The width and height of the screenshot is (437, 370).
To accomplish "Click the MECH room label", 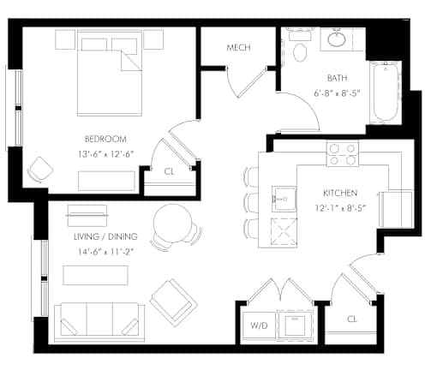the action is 239,47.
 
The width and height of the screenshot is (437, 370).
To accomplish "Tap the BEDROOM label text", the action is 105,139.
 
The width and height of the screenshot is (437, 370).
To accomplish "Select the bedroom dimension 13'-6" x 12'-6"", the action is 106,154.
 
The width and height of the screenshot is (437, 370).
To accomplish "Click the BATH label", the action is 338,78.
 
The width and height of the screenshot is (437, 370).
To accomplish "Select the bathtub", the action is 386,92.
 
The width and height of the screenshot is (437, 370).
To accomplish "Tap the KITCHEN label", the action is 340,193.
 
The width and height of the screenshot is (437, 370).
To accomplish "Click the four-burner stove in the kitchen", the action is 343,154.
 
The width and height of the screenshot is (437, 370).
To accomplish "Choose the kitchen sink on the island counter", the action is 284,199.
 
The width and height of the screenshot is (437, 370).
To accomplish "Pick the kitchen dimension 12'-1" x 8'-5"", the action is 340,208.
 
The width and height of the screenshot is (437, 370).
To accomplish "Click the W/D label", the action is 259,325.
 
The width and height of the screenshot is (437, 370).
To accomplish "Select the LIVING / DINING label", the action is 105,236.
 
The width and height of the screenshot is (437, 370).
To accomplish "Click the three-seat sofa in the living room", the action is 99,322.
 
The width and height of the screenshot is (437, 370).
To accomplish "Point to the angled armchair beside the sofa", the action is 174,303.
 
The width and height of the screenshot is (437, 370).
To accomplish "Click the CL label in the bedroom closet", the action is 169,171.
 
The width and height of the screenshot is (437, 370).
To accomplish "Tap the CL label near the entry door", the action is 352,319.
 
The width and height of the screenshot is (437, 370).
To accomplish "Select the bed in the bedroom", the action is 110,74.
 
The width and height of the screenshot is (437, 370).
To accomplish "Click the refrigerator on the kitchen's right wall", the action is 396,209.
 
